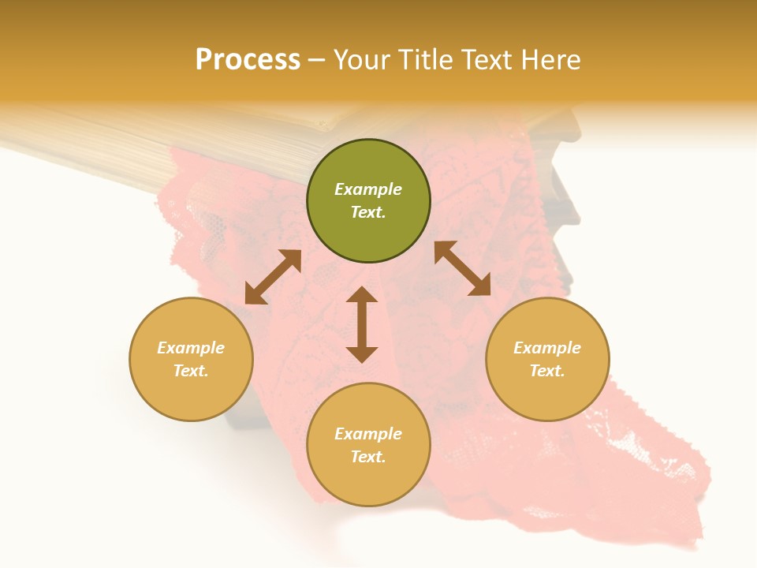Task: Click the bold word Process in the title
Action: [248, 60]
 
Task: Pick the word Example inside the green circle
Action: [368, 189]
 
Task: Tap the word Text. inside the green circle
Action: [368, 212]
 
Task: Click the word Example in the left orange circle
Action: [191, 348]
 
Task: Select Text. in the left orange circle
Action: [191, 371]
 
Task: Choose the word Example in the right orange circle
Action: [547, 348]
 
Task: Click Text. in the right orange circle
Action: [547, 371]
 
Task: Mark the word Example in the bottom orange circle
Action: [368, 434]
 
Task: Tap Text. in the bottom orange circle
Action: [368, 457]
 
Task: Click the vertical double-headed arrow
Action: [362, 324]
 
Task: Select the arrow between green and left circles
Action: [273, 277]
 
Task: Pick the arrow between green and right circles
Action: [462, 268]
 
